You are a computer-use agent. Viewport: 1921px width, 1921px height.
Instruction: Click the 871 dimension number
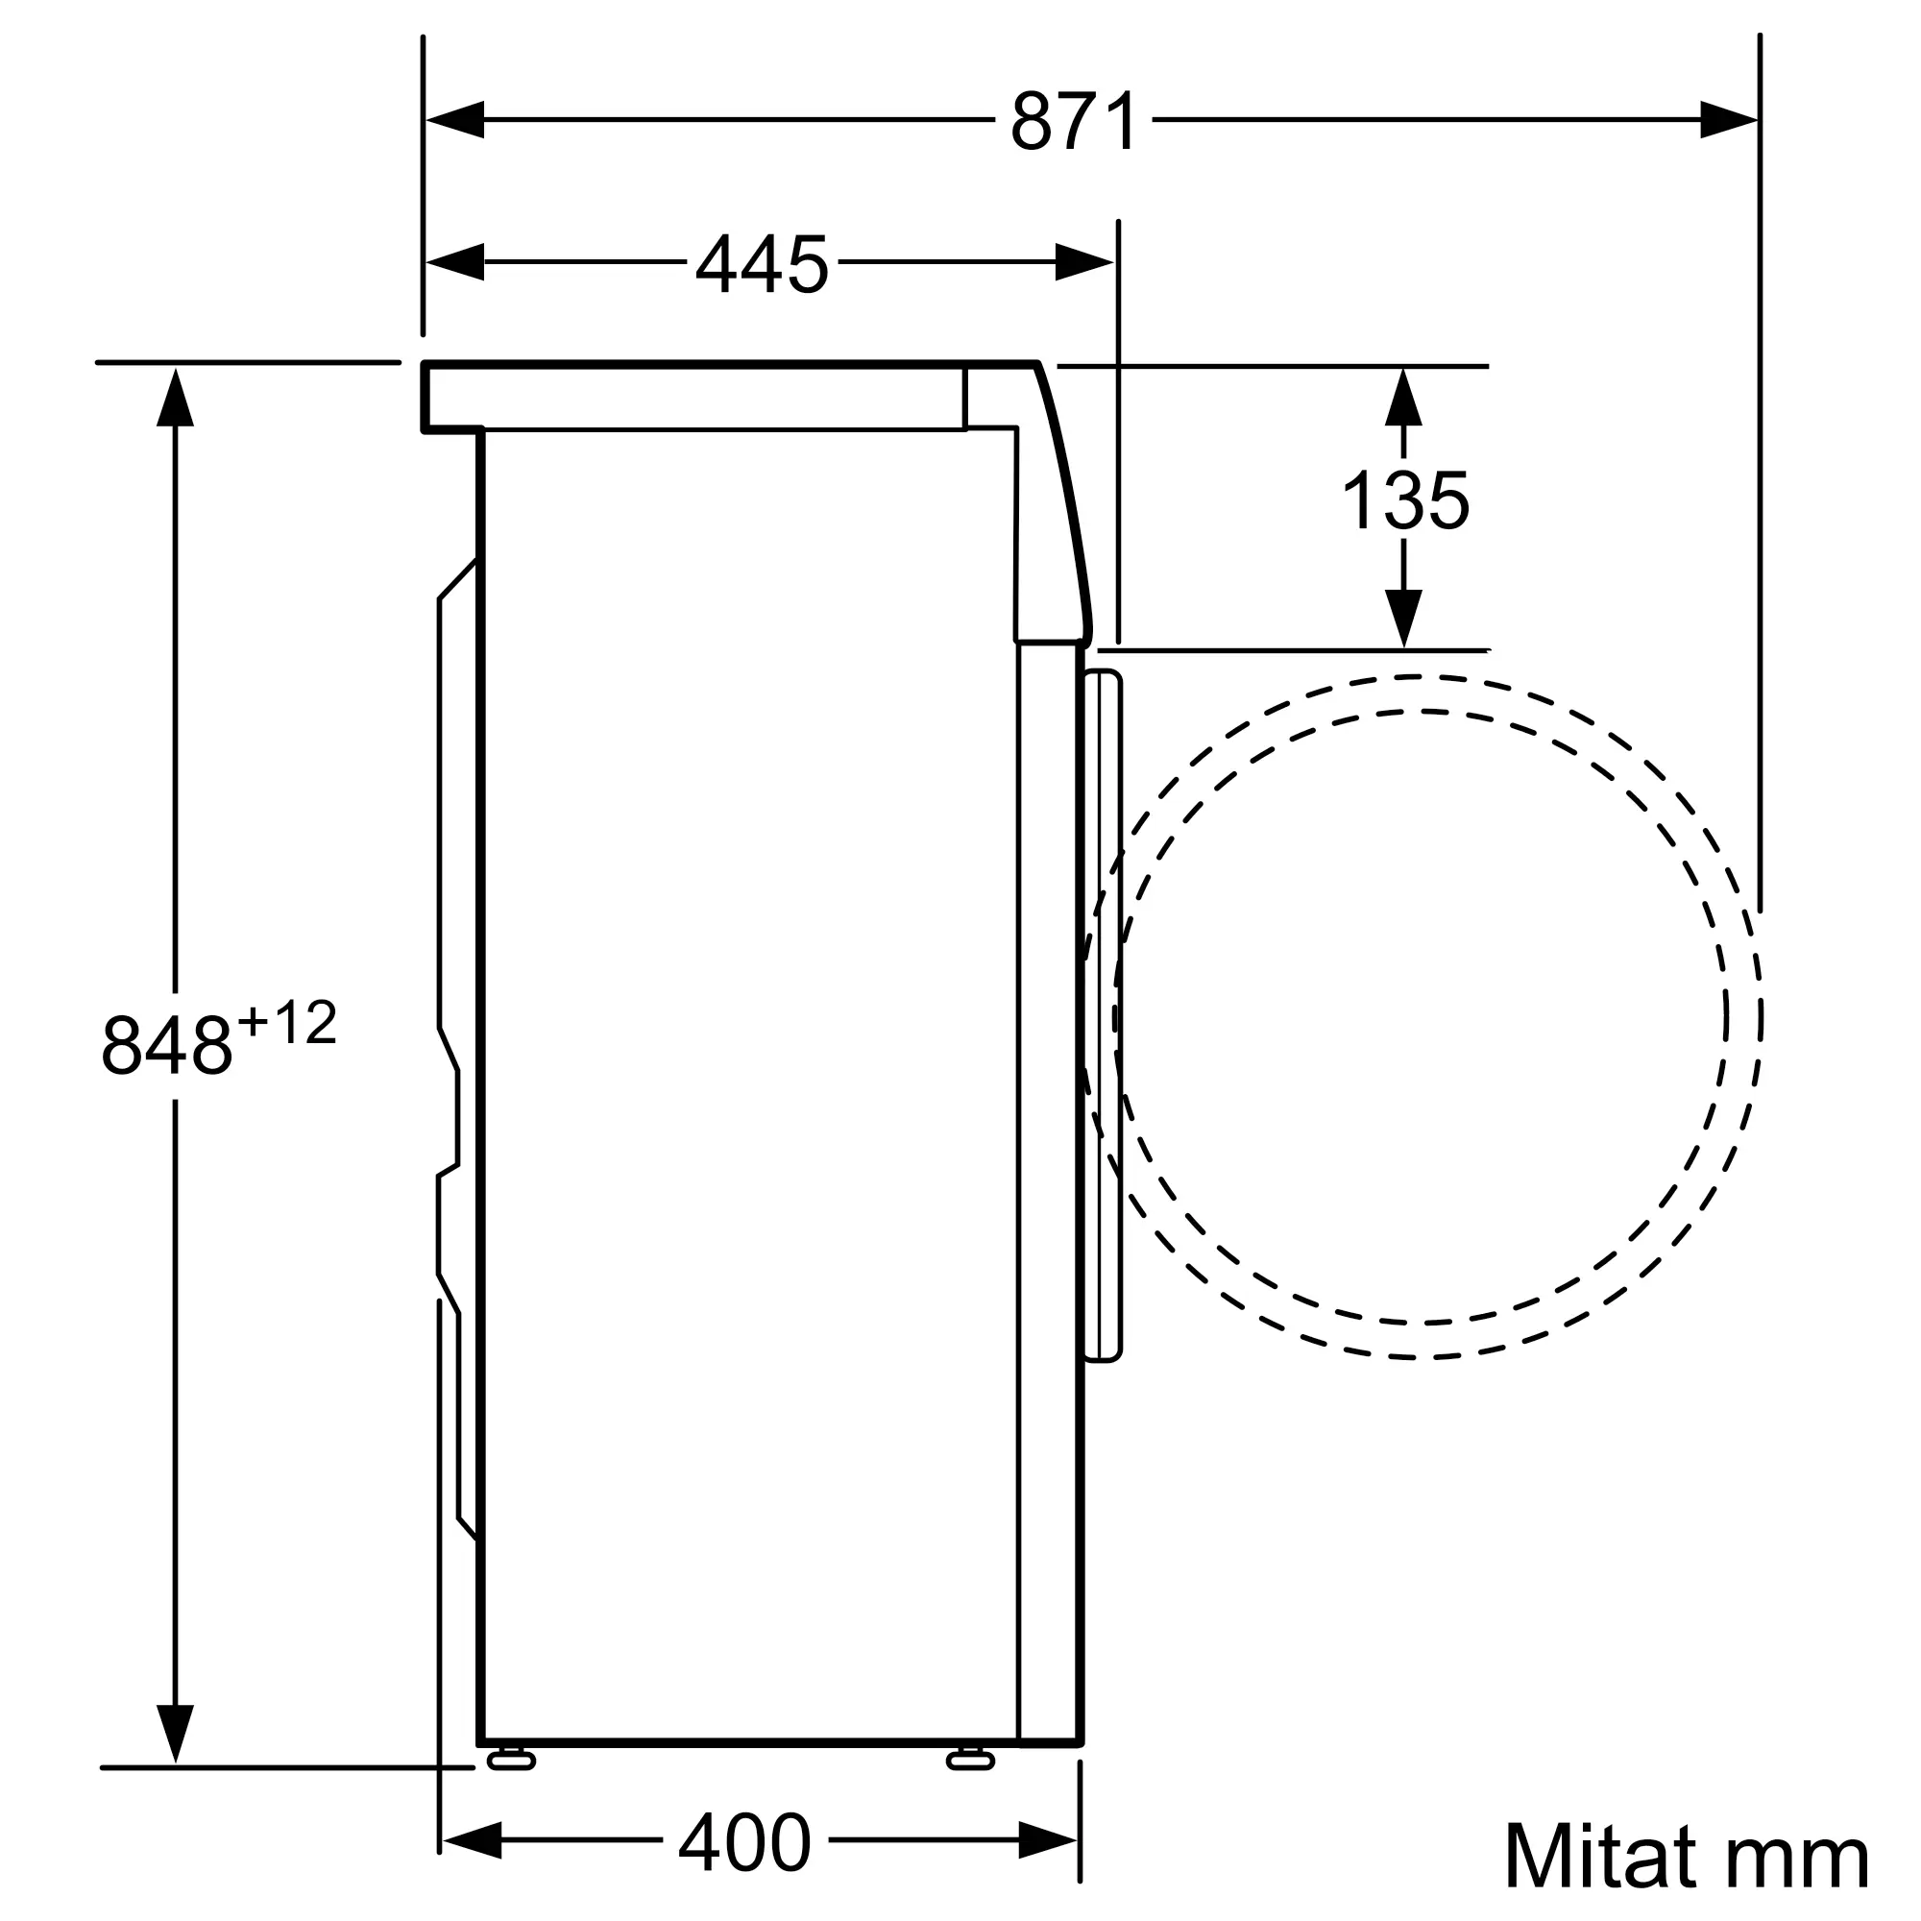click(1074, 121)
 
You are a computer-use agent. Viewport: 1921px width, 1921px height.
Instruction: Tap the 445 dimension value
click(762, 263)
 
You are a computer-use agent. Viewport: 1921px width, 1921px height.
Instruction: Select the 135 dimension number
click(1405, 500)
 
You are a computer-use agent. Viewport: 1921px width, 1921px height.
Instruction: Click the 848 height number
click(166, 1044)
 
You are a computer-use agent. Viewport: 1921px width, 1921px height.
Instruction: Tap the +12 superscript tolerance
click(287, 1023)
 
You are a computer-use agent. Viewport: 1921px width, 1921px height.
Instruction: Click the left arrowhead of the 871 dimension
click(454, 120)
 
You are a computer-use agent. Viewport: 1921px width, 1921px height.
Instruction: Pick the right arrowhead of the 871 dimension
click(1728, 120)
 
